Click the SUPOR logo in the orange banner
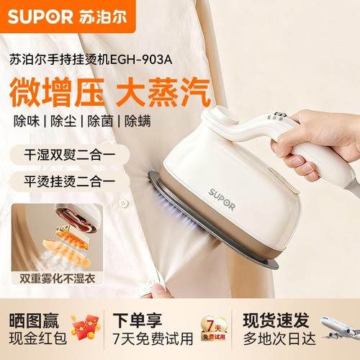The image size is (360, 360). pos(40,15)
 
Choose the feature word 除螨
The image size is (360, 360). pos(138,121)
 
